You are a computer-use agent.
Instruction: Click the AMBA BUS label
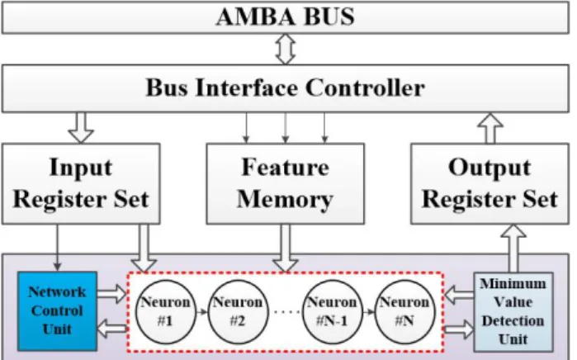[286, 17]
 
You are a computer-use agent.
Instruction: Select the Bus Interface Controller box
[286, 88]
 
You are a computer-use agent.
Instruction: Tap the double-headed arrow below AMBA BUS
[286, 49]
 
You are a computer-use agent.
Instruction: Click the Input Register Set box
[81, 183]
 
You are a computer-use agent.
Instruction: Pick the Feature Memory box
[286, 183]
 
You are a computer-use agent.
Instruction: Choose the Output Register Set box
[490, 183]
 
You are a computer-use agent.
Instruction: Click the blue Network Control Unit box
[58, 311]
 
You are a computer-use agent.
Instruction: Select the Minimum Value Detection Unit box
[513, 312]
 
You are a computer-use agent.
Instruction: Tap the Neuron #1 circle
[166, 312]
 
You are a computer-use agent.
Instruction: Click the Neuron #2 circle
[238, 312]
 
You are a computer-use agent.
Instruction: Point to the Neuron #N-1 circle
[333, 312]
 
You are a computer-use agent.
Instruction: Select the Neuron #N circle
[404, 312]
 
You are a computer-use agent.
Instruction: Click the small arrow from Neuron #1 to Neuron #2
[201, 312]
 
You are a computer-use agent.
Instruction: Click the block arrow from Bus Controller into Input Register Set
[81, 128]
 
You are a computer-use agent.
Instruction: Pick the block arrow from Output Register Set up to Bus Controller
[490, 128]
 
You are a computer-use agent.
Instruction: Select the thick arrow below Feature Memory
[286, 249]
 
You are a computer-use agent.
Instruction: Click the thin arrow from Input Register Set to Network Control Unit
[58, 248]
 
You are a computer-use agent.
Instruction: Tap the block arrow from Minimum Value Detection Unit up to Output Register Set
[513, 249]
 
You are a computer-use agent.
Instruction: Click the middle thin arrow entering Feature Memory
[286, 128]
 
